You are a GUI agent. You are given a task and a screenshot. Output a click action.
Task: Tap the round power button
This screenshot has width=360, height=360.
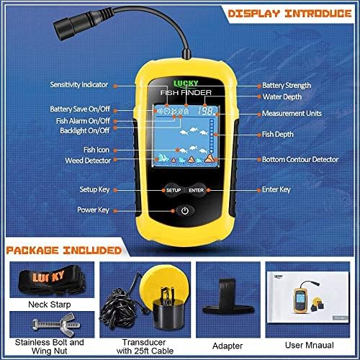pos(185,211)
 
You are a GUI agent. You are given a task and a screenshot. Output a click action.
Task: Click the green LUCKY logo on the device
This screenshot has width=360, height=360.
pos(186,84)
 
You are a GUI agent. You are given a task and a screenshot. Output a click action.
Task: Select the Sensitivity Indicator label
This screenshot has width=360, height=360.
pos(79,85)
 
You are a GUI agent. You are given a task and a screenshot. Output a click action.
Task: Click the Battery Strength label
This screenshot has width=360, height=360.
pos(287,85)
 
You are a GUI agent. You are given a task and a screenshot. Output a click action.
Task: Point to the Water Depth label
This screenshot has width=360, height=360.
pos(282,96)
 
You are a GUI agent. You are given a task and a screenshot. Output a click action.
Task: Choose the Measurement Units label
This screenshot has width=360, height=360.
pos(292,113)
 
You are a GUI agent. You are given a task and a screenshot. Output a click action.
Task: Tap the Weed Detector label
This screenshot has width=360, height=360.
pos(88,161)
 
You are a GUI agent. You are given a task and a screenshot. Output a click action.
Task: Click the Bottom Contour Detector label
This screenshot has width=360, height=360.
pos(300,159)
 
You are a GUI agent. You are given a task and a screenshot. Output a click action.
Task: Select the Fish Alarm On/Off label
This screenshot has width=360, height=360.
pos(83,121)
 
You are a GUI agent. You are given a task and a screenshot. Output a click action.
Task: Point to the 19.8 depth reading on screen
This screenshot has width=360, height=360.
pos(206,111)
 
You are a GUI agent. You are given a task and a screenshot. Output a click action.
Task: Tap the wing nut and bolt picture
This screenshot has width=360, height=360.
pos(56,325)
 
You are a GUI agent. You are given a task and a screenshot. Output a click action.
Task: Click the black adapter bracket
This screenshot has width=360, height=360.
pos(228,297)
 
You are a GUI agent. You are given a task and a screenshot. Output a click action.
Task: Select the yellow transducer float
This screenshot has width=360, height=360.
pos(159,279)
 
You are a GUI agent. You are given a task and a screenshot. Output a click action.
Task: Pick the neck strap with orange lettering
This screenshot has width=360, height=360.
pos(52,279)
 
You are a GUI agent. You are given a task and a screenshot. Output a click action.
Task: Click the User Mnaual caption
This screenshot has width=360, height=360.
pos(310,345)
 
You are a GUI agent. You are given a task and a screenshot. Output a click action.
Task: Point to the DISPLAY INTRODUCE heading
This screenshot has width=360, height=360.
pos(289,14)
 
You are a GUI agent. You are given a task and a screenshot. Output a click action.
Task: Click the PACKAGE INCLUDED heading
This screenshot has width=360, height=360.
pos(64,251)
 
